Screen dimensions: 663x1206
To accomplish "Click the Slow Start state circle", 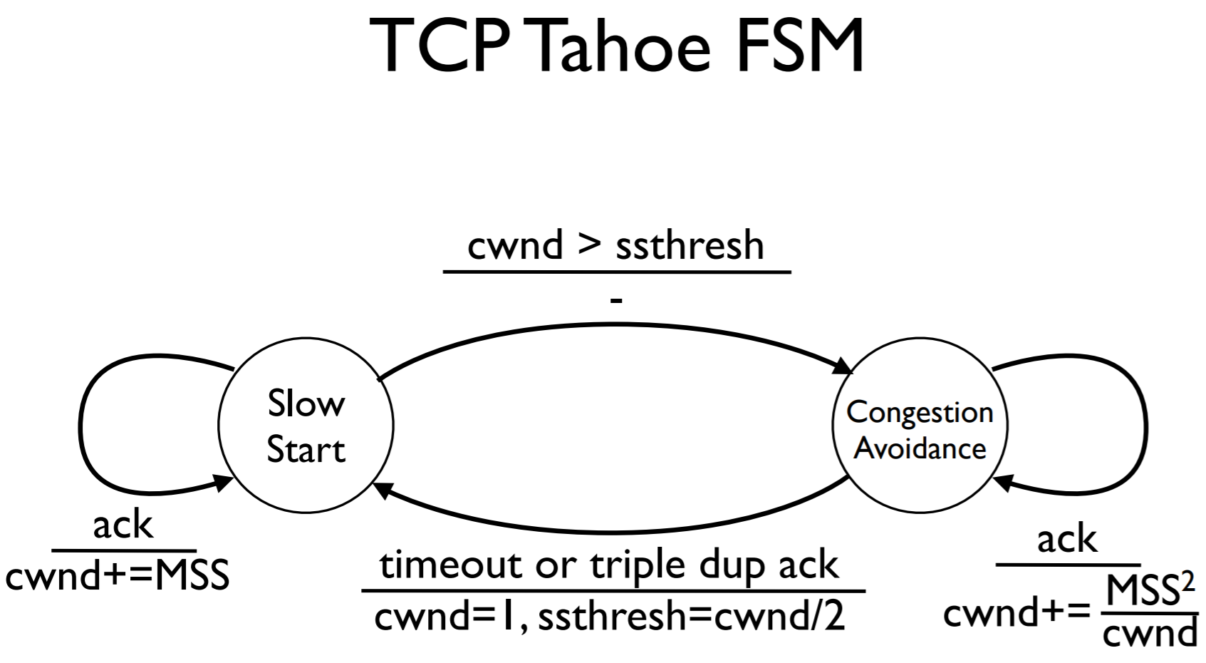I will tap(306, 426).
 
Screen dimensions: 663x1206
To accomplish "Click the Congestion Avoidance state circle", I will tap(920, 426).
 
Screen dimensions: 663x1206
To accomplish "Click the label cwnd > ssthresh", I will tap(615, 245).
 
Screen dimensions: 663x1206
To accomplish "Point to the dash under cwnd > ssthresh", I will tap(616, 300).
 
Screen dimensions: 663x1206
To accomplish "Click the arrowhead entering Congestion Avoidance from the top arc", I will tap(845, 367).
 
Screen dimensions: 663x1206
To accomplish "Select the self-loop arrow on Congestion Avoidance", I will tap(1145, 428).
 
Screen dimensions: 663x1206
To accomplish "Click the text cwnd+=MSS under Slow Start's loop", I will tap(118, 576).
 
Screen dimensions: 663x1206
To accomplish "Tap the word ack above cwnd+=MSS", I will tap(123, 525).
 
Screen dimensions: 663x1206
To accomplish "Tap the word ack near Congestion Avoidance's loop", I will tap(1066, 539).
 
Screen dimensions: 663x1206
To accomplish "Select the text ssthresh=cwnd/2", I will tap(691, 617).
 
